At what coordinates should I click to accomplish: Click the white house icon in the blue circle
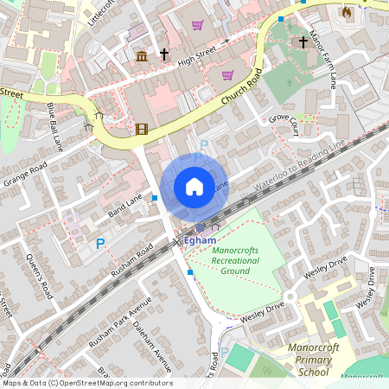pos(194,187)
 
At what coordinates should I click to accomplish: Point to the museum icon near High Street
pos(141,56)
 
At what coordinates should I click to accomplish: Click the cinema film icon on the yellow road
pos(141,130)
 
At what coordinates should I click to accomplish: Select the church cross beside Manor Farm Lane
pos(303,41)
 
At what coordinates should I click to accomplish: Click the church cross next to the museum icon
pos(163,54)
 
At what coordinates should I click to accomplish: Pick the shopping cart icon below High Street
pos(227,75)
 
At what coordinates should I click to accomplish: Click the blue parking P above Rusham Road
pos(99,245)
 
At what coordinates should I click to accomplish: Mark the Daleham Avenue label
pos(152,335)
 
